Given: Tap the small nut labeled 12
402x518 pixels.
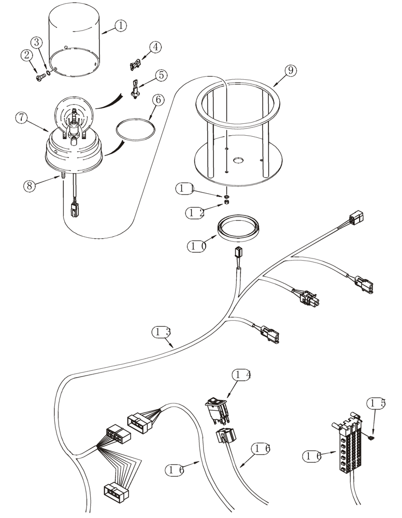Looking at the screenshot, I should coord(227,204).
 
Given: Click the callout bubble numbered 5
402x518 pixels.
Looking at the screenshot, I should coord(161,75).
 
